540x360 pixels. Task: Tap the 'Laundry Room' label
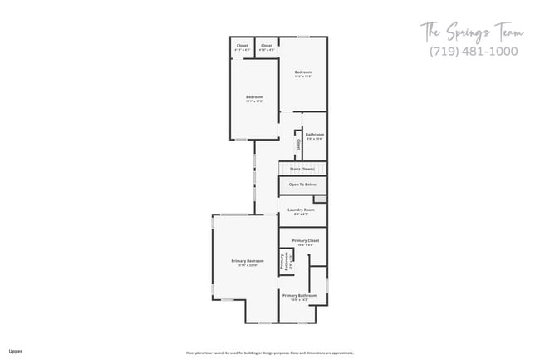[301, 210]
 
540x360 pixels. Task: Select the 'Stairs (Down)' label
[302, 170]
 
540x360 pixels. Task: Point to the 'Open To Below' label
[302, 185]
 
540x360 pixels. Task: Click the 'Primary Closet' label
[305, 240]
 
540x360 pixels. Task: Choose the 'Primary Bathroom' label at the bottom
[299, 295]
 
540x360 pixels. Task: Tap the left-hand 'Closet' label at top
[242, 45]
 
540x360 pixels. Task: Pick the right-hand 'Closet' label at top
[266, 45]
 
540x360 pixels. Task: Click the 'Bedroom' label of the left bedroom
[254, 97]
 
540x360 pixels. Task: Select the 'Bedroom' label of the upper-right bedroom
[303, 72]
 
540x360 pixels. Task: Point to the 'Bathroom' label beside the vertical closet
[314, 135]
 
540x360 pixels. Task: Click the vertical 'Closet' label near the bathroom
[298, 144]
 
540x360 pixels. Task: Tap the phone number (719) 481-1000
[473, 52]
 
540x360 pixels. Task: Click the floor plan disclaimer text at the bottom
[269, 352]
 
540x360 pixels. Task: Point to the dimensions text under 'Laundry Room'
[301, 215]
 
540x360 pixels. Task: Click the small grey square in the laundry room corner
[320, 200]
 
